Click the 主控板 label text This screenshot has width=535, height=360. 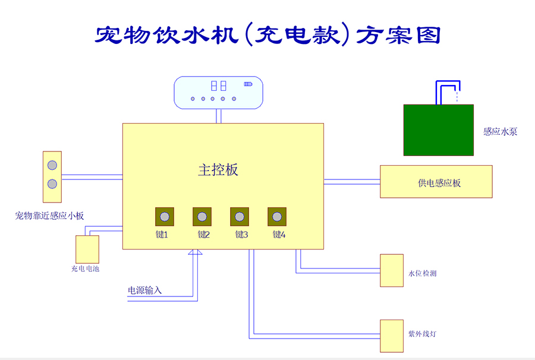(x=218, y=170)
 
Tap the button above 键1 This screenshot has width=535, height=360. (x=165, y=217)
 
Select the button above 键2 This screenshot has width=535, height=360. (x=202, y=217)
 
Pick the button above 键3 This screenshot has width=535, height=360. (x=240, y=217)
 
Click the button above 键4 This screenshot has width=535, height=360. (x=277, y=217)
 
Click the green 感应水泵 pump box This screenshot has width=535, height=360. (x=438, y=130)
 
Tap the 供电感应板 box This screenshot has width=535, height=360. (x=436, y=182)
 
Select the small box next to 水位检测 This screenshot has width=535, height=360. (x=392, y=270)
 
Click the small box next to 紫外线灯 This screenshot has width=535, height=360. (x=392, y=336)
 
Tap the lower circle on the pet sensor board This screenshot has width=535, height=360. (x=52, y=184)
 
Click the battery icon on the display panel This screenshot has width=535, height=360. (x=248, y=84)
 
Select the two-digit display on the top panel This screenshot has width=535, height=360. (x=218, y=86)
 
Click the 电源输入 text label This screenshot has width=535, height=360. (x=145, y=290)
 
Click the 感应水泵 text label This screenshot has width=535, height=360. (x=500, y=132)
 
